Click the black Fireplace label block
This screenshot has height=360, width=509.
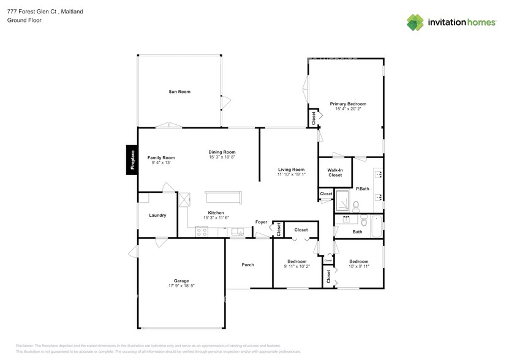pos(130,160)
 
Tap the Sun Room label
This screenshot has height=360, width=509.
pos(179,92)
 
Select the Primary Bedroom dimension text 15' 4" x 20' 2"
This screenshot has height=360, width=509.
pos(348,109)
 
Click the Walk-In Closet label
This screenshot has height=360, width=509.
pos(335,173)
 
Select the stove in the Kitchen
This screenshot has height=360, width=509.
pos(202,231)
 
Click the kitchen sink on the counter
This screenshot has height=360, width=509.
pos(238,231)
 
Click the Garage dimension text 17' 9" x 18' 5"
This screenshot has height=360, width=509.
pos(181,286)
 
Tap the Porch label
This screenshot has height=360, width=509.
pos(247,264)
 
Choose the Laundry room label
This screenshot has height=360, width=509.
pos(157,215)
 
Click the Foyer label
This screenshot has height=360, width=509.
pos(262,222)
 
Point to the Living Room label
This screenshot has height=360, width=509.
pos(291,170)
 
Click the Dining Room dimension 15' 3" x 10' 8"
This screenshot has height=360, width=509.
pos(222,157)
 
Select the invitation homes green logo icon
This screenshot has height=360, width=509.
pos(415,22)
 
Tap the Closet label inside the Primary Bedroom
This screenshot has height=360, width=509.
pos(314,118)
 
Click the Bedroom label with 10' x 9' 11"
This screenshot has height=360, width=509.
pos(358,261)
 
